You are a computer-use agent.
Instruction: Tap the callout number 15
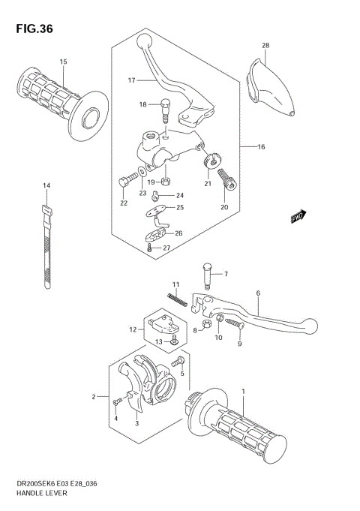tap(64, 62)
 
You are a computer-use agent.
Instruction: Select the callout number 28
tap(265, 47)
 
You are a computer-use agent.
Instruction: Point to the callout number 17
tap(130, 80)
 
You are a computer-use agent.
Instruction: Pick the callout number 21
tap(208, 183)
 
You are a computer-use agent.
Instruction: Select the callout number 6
tap(257, 293)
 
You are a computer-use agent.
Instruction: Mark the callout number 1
tap(243, 392)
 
